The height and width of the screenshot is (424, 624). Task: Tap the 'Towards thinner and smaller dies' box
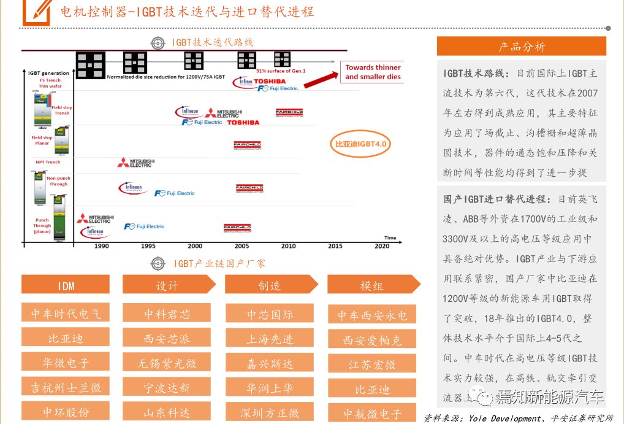point(373,72)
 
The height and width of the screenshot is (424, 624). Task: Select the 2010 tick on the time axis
point(288,245)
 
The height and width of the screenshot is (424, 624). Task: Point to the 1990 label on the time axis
point(102,245)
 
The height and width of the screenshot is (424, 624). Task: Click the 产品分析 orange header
point(521,47)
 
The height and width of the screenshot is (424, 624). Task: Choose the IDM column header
point(66,285)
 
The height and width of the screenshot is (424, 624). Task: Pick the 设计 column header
point(167,285)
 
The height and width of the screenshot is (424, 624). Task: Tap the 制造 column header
point(270,285)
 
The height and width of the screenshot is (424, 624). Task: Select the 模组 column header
point(371,285)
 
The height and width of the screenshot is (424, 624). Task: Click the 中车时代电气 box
point(66,314)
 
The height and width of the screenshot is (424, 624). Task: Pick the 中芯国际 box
point(270,314)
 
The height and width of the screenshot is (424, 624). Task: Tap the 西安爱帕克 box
point(372,339)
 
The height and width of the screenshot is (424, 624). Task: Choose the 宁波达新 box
point(167,387)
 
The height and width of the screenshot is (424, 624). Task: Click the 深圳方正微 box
point(270,412)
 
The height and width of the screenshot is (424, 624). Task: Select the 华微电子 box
point(66,362)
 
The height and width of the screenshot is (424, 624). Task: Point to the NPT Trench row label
point(48,162)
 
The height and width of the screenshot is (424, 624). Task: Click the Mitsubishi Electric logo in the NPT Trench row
point(135,163)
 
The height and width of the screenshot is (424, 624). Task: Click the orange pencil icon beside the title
point(36,11)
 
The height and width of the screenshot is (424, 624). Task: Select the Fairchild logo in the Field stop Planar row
point(248,145)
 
